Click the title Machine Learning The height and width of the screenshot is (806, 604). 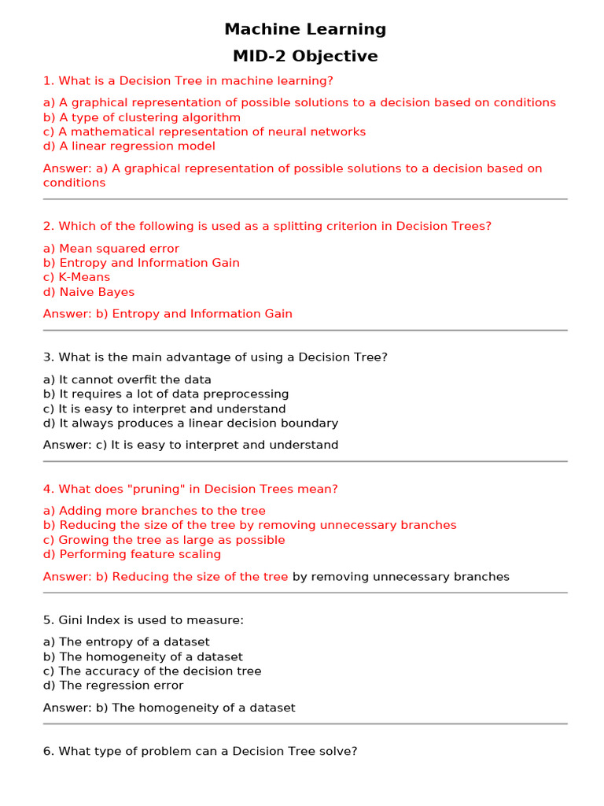coord(305,29)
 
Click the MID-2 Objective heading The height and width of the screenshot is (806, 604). coord(305,57)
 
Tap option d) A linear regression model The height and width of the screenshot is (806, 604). coord(129,146)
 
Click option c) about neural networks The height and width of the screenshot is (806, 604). coord(204,131)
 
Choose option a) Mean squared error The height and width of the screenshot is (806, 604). coord(111,249)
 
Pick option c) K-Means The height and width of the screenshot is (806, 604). coord(76,277)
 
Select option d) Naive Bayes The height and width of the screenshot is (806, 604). coord(89,292)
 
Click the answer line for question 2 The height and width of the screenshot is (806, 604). coord(168,313)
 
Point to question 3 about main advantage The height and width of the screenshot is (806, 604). coord(215,357)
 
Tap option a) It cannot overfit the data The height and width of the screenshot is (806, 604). coord(127,379)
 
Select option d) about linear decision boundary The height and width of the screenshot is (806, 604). coord(190,423)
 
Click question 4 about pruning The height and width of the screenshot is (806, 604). coord(190,489)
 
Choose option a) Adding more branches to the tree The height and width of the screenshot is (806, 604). coord(154,511)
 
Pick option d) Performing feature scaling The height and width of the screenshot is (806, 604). coord(132,554)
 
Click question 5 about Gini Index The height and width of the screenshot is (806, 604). coord(143,620)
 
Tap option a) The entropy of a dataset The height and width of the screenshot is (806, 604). coord(127,642)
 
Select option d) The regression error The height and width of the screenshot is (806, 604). coord(113,686)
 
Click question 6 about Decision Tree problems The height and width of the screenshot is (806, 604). coord(200,752)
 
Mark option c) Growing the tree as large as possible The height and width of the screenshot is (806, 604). coord(164,540)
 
